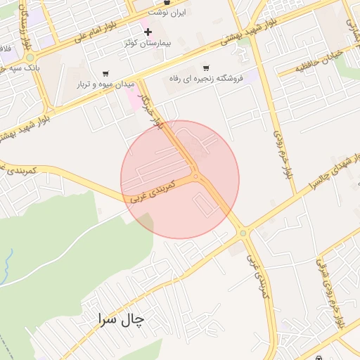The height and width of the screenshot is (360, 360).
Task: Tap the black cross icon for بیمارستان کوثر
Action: pyautogui.click(x=147, y=32)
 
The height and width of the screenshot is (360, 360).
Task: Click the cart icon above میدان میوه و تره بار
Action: pyautogui.click(x=105, y=73)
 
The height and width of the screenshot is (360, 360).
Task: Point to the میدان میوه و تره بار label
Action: pyautogui.click(x=105, y=84)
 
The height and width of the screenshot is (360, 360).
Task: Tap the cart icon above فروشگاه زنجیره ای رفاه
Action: pyautogui.click(x=205, y=68)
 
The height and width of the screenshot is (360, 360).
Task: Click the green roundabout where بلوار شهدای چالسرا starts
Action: pyautogui.click(x=243, y=232)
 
